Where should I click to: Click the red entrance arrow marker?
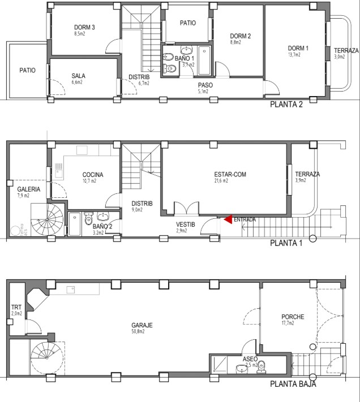click(228, 219)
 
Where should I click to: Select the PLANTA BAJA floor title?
click(293, 384)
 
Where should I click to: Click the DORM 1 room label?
click(298, 48)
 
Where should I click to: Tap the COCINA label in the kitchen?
click(93, 175)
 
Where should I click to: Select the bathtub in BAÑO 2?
click(74, 223)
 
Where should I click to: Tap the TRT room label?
click(16, 308)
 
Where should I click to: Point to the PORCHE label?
click(293, 317)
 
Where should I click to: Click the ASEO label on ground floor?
click(251, 359)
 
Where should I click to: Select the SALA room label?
click(78, 76)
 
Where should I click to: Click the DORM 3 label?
click(84, 27)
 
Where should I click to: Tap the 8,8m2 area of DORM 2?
click(235, 42)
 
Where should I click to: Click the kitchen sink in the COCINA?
click(58, 167)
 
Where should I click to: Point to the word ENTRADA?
click(245, 219)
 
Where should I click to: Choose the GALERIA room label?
click(28, 189)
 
